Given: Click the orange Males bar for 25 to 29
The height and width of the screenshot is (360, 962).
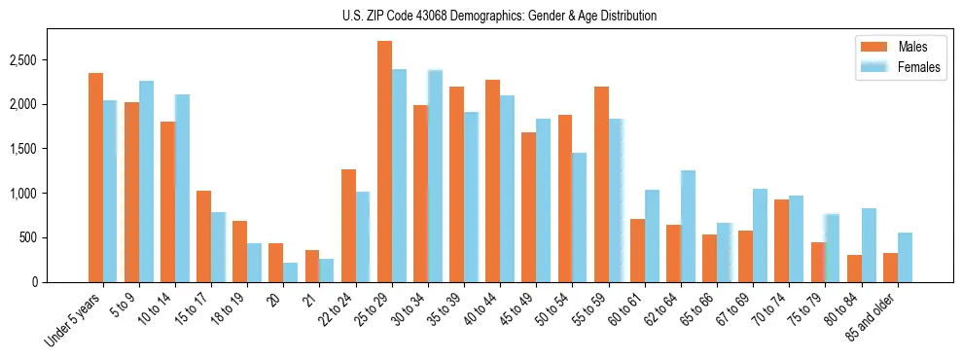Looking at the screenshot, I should (384, 162).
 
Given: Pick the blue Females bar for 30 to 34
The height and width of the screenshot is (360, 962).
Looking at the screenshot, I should (435, 176).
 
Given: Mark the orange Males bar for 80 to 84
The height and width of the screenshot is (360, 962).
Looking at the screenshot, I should (854, 269).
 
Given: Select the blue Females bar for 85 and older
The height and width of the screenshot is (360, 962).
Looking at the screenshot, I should (905, 258).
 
